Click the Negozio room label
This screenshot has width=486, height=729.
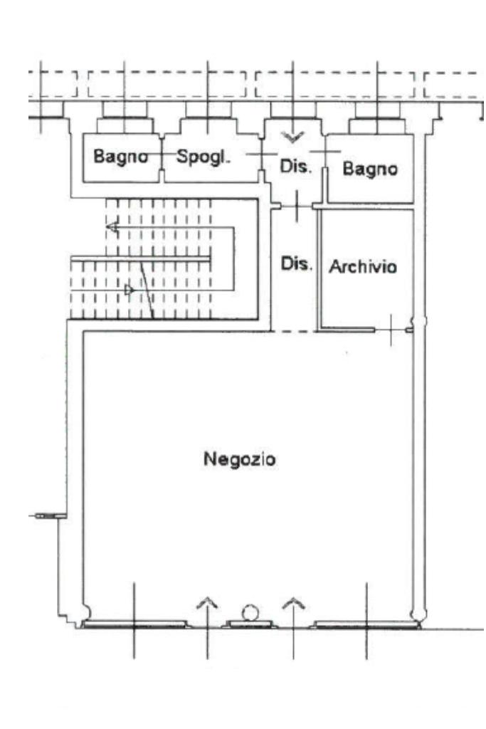[240, 459]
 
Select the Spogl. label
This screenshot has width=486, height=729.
[204, 157]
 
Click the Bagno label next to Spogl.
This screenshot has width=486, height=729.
[121, 157]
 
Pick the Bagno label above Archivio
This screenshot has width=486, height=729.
[369, 169]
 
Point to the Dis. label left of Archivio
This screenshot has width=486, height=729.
[296, 263]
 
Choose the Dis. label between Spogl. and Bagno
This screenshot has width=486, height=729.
[296, 168]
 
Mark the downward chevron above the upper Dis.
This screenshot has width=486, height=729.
[290, 135]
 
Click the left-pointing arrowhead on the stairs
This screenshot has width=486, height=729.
[112, 228]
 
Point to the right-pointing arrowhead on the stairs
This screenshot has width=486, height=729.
[130, 290]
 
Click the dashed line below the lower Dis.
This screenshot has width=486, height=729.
[295, 331]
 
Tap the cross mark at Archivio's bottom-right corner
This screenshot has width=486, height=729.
[392, 330]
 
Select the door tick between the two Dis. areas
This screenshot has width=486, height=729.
[295, 206]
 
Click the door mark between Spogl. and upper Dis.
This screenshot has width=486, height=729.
[262, 154]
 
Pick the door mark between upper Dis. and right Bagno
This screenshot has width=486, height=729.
[324, 152]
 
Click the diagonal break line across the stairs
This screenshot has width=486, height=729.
[147, 288]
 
